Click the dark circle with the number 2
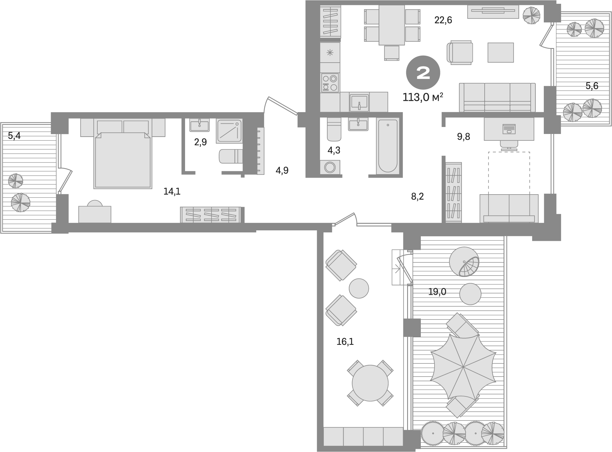tap(423, 73)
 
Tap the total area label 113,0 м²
tap(423, 97)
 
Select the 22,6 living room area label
tap(443, 20)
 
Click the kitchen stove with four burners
tap(330, 83)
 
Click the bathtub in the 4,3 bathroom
tap(387, 146)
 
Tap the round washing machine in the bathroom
tap(330, 167)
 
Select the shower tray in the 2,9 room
tap(229, 131)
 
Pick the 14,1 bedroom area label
tap(172, 191)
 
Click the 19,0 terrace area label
tap(437, 292)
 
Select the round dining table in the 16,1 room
tap(370, 383)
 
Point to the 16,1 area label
tap(345, 342)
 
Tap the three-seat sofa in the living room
tap(497, 98)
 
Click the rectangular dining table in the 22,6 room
tap(392, 25)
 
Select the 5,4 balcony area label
tap(14, 135)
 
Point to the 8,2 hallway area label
tap(417, 197)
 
